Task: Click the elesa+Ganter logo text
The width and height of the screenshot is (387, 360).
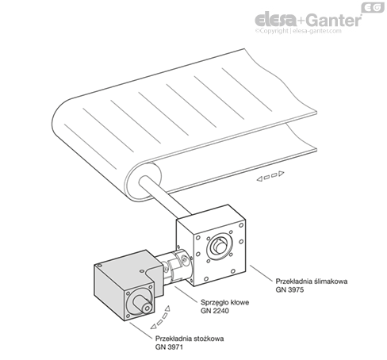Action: tap(308, 20)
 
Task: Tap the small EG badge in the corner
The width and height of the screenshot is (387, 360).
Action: tap(373, 8)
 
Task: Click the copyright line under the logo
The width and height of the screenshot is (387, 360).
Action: tap(298, 31)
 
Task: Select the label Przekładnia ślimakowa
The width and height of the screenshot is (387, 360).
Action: tap(312, 281)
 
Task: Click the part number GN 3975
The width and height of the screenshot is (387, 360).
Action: tap(289, 289)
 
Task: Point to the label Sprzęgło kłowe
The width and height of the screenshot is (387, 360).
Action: tap(224, 302)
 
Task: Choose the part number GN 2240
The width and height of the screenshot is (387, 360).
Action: tap(215, 311)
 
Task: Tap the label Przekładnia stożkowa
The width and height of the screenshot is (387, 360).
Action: tap(190, 339)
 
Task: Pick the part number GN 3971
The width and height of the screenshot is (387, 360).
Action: tap(169, 347)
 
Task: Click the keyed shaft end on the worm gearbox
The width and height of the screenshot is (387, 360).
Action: tap(220, 247)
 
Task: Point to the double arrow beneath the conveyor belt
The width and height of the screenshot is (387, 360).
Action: tap(270, 176)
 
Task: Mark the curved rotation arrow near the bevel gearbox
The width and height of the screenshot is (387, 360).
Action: tap(160, 317)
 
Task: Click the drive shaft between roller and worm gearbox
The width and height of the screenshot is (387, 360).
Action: tap(165, 196)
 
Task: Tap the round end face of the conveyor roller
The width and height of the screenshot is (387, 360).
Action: tap(144, 181)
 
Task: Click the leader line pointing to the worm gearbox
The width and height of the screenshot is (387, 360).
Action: tap(261, 274)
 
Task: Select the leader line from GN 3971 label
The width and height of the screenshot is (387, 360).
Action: tap(141, 330)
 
